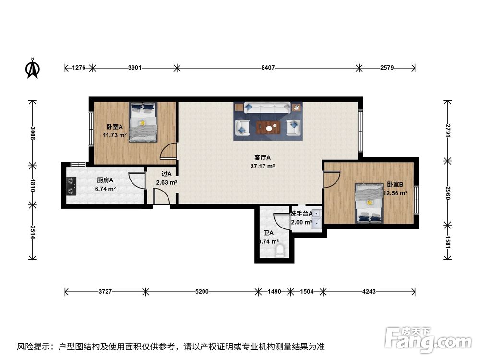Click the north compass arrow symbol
[32, 68]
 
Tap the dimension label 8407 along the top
[268, 68]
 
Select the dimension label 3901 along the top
[135, 68]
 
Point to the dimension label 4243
[370, 291]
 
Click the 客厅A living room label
[263, 157]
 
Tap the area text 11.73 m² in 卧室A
[115, 135]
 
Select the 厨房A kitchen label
[105, 180]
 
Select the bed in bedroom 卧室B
[369, 204]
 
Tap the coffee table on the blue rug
[268, 127]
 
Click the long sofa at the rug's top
[267, 108]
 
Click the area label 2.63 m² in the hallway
[167, 182]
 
